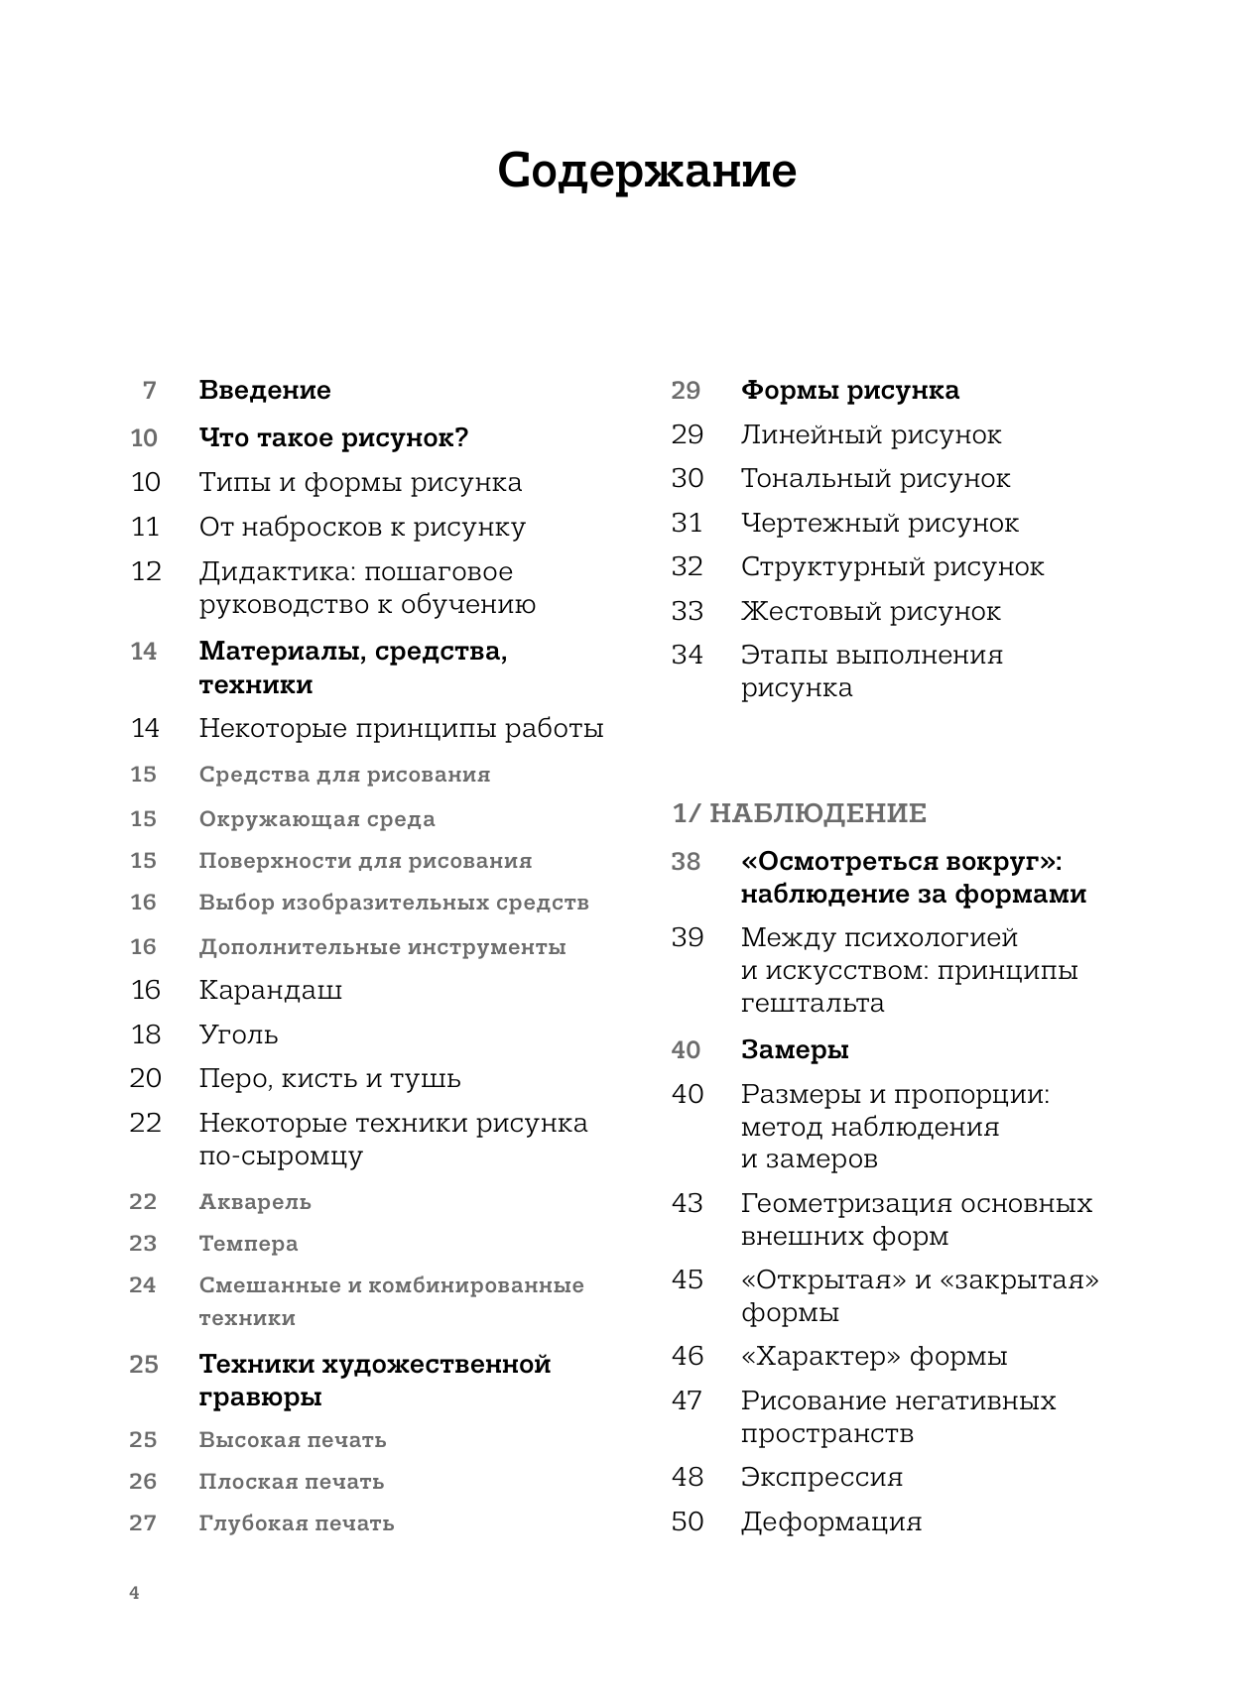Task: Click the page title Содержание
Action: [x=646, y=172]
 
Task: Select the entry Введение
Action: [x=265, y=390]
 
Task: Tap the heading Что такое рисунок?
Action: [x=333, y=437]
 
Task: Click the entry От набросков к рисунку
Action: [x=362, y=527]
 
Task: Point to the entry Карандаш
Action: [x=270, y=990]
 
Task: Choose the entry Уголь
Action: [x=238, y=1034]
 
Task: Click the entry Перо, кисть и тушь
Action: [x=329, y=1078]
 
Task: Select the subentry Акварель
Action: [x=255, y=1202]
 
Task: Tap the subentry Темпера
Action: [x=248, y=1244]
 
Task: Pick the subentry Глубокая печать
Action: [x=296, y=1523]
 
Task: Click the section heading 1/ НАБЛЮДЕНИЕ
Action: [x=799, y=813]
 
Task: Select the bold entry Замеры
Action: [x=794, y=1049]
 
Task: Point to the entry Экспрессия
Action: [x=821, y=1477]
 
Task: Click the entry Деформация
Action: [x=830, y=1521]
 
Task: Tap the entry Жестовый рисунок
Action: [x=870, y=611]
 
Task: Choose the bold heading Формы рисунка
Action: [x=849, y=390]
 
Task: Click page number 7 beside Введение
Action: [x=150, y=390]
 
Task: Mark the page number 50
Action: [x=687, y=1521]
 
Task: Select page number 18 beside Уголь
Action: [x=145, y=1034]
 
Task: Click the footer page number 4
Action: [x=135, y=1594]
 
